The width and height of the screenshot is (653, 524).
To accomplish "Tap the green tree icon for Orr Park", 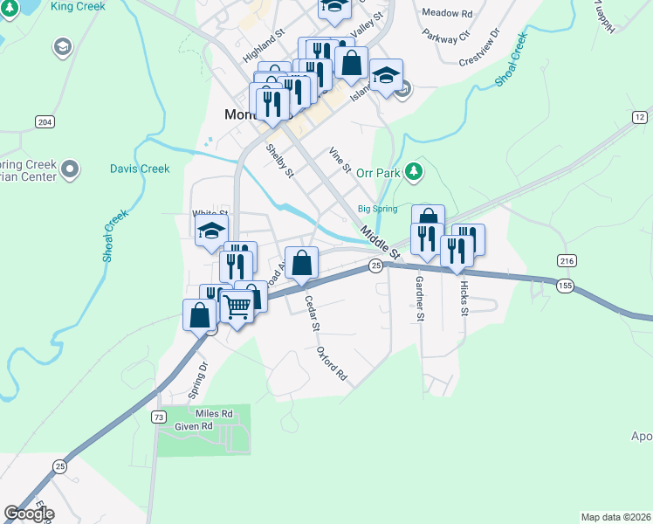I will point(416,172).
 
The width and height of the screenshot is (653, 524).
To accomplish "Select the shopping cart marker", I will point(237,307).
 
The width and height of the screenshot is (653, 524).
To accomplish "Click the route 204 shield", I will point(45,121).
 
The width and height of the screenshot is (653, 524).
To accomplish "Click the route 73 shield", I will point(158,417).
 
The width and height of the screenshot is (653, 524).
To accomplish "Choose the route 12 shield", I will point(640,117).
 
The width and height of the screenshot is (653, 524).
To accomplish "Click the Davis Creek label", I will point(140,169).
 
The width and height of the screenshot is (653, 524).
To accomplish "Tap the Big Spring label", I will point(377,209).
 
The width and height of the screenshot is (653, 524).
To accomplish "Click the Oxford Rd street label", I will point(333,364).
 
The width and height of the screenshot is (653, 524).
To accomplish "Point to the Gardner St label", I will point(420,299).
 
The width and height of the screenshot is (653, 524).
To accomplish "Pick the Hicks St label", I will point(464,299).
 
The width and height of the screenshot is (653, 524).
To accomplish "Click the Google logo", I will point(29,513).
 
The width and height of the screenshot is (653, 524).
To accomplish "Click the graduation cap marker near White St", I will point(211,232).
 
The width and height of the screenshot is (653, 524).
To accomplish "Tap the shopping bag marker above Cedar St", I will point(301,263).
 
